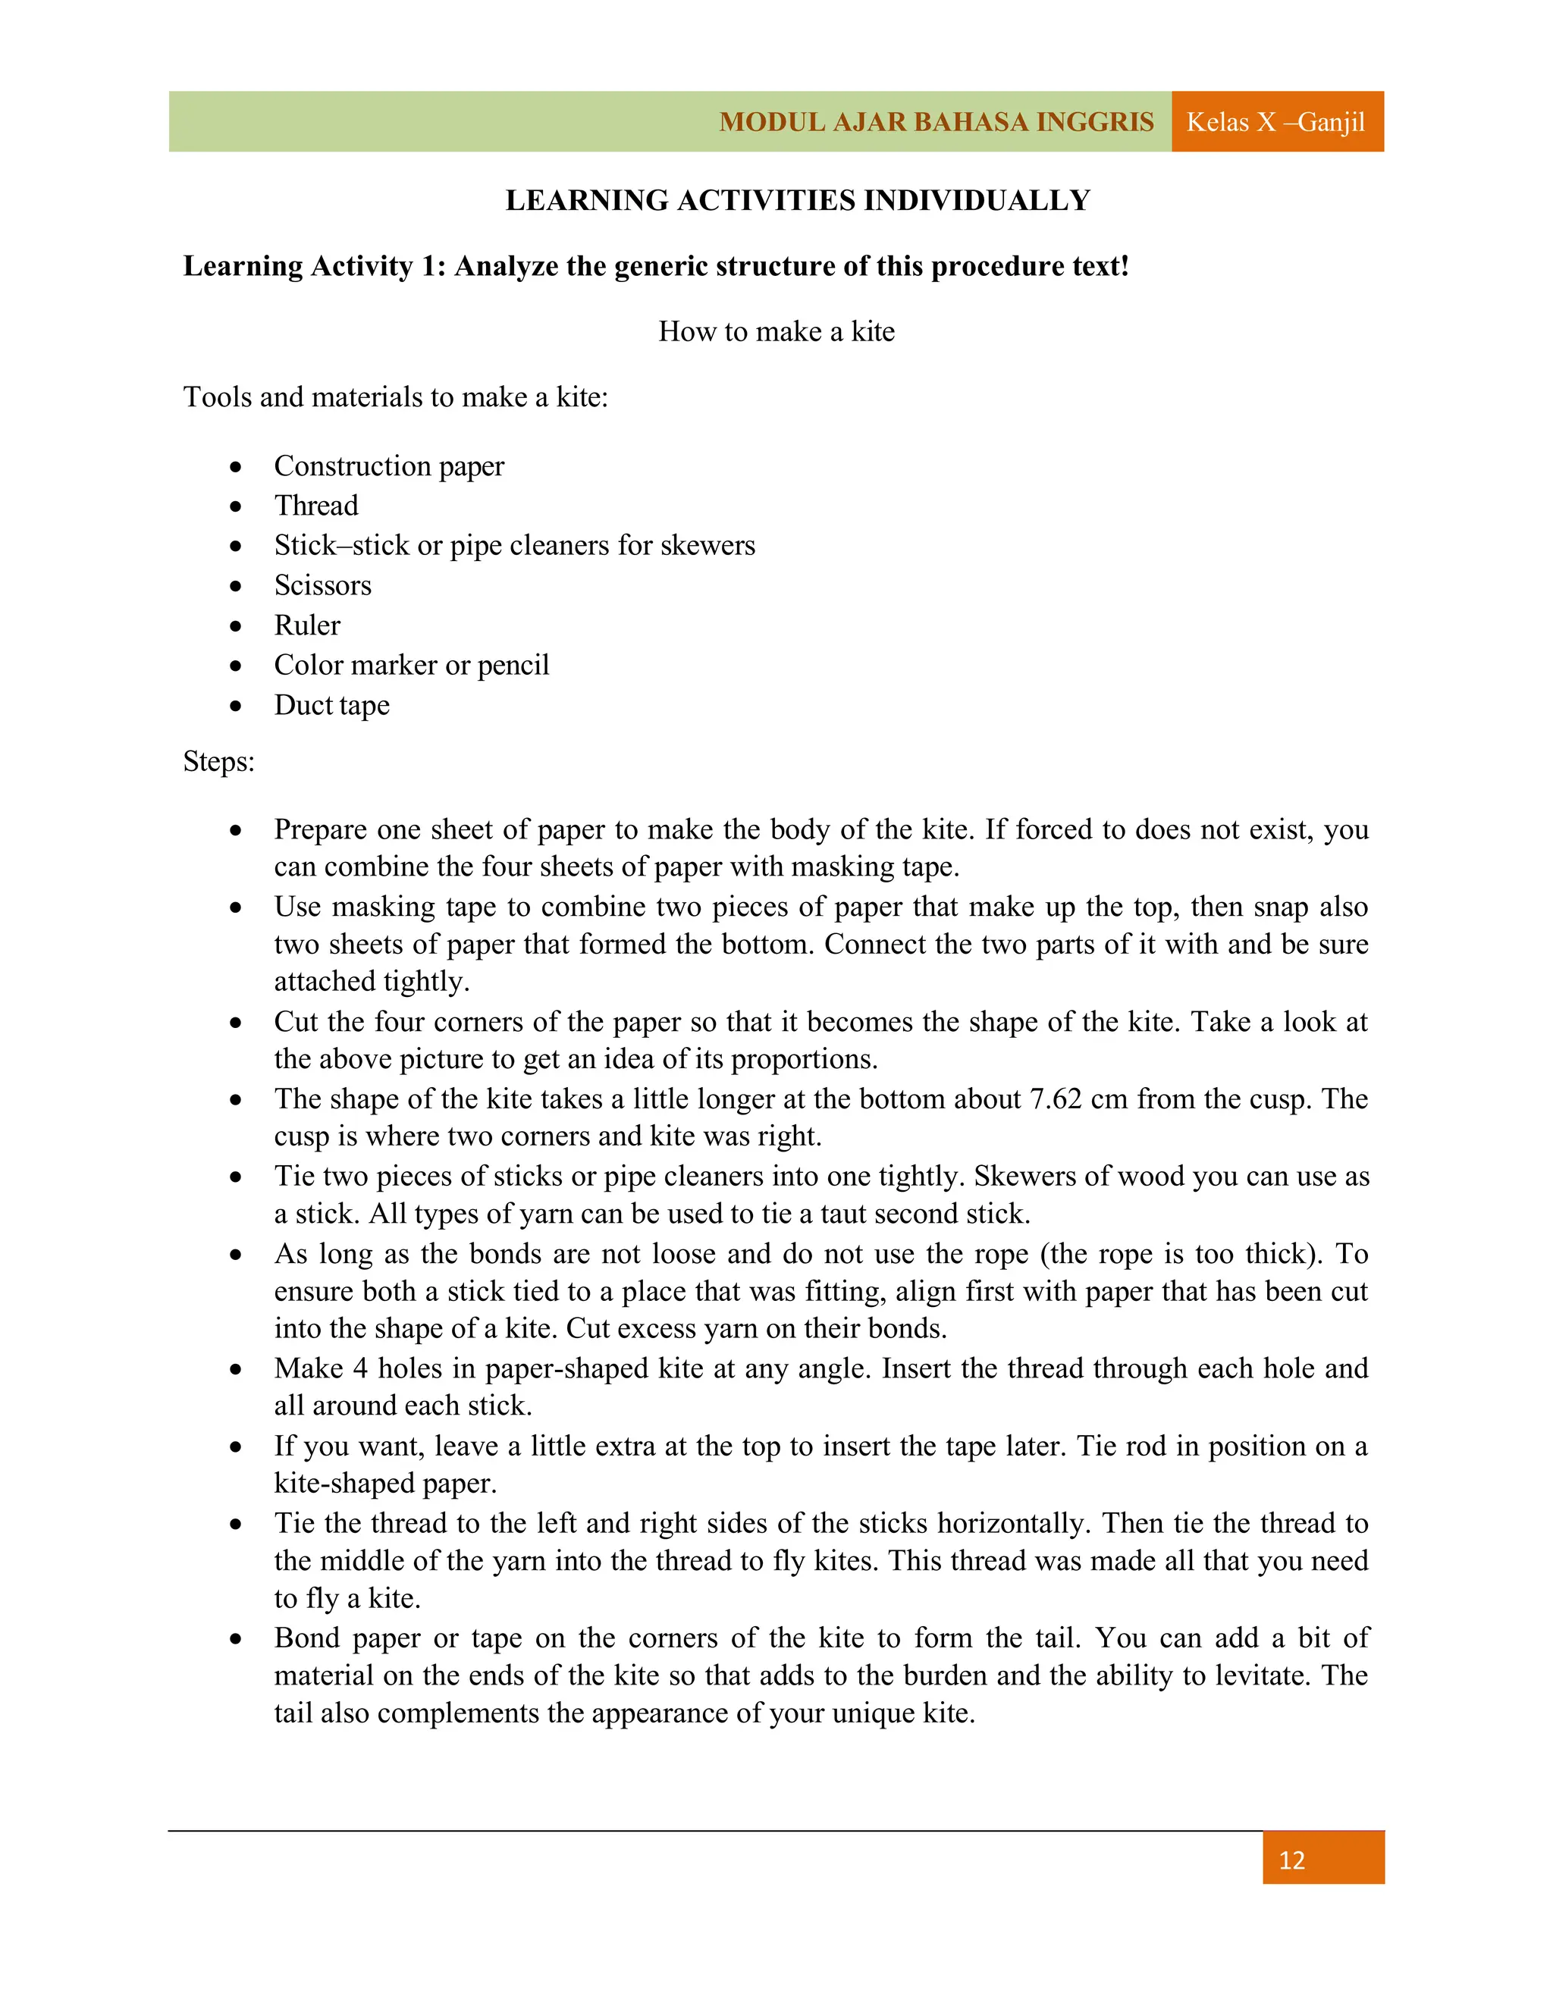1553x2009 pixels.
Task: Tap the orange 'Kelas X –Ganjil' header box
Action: click(1276, 121)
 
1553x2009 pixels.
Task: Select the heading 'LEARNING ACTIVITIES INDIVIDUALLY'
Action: click(798, 201)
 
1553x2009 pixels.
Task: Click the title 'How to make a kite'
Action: click(776, 331)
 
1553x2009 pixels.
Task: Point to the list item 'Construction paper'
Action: click(389, 466)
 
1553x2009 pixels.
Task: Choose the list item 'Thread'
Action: click(316, 506)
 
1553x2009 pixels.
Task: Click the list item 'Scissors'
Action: click(323, 585)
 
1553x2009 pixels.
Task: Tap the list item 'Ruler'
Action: click(307, 625)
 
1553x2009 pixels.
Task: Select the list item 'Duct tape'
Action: click(332, 706)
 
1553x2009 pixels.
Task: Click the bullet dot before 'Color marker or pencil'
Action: click(237, 666)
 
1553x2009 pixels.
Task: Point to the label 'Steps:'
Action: click(219, 762)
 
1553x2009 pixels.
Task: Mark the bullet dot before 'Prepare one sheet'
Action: click(237, 831)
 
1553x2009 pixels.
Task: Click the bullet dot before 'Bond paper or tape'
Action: click(237, 1639)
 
